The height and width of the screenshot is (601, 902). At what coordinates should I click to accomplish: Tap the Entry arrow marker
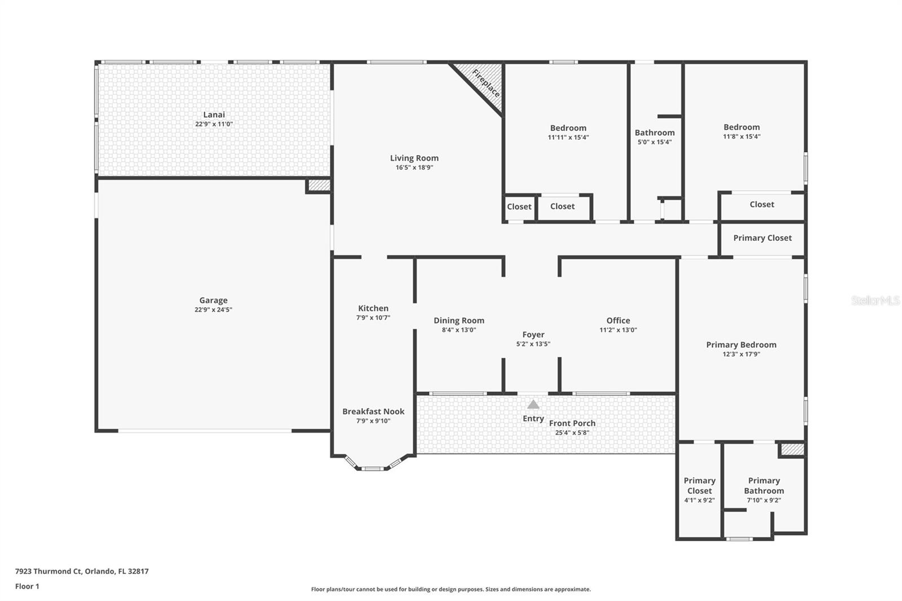pyautogui.click(x=533, y=404)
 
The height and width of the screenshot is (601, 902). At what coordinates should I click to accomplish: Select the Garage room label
pyautogui.click(x=213, y=300)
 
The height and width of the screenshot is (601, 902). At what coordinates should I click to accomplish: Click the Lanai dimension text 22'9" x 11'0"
pyautogui.click(x=214, y=124)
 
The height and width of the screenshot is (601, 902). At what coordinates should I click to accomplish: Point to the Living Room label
pyautogui.click(x=414, y=158)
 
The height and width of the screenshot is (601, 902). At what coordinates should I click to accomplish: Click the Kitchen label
pyautogui.click(x=373, y=308)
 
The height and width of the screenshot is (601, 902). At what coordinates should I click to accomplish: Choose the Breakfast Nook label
pyautogui.click(x=373, y=412)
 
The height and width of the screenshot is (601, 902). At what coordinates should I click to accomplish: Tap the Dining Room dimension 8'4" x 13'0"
pyautogui.click(x=459, y=330)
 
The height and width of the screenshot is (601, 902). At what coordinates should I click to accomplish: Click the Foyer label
pyautogui.click(x=533, y=334)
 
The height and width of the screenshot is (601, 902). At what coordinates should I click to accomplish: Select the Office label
pyautogui.click(x=618, y=320)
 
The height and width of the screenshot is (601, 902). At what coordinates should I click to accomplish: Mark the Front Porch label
pyautogui.click(x=572, y=423)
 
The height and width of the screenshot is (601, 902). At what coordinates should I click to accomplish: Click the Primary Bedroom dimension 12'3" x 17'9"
pyautogui.click(x=741, y=354)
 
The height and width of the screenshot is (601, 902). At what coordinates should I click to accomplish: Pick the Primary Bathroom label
pyautogui.click(x=764, y=485)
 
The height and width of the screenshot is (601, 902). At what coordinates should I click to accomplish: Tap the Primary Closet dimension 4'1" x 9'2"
pyautogui.click(x=700, y=500)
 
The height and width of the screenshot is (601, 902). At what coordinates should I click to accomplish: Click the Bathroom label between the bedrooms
pyautogui.click(x=655, y=132)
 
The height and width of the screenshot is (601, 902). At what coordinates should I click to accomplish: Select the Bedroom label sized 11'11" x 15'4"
pyautogui.click(x=568, y=128)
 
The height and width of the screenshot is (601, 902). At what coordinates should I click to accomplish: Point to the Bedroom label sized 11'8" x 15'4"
pyautogui.click(x=742, y=127)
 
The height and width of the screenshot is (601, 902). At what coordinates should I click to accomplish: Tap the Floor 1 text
pyautogui.click(x=27, y=586)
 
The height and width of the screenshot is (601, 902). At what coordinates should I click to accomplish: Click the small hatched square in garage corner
pyautogui.click(x=319, y=185)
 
